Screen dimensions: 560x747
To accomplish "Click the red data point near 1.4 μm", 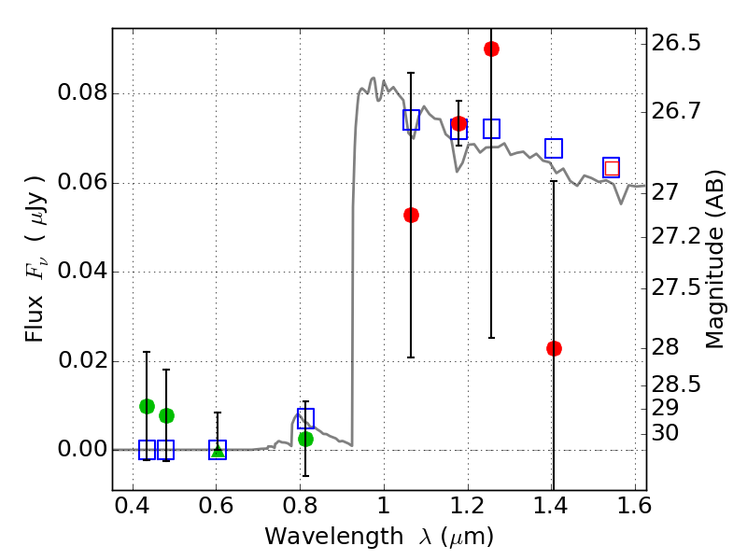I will point(554,348).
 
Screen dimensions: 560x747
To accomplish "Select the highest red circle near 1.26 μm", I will point(491,49).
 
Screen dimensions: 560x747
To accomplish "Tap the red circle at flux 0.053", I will point(411,215).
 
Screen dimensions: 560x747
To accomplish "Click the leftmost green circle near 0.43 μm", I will point(147,406).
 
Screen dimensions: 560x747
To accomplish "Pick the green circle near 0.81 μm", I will point(305,439).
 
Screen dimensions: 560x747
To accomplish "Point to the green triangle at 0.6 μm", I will point(218,452).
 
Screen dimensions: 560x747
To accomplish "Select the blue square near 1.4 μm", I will point(554,148).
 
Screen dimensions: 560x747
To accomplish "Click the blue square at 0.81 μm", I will point(305,417).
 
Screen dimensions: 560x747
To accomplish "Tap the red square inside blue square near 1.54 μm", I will point(612,168).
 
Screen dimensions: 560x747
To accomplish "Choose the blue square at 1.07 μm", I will point(411,119).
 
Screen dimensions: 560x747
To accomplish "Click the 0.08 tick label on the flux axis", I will point(81,93).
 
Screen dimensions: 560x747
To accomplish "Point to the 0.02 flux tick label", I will point(81,361).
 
